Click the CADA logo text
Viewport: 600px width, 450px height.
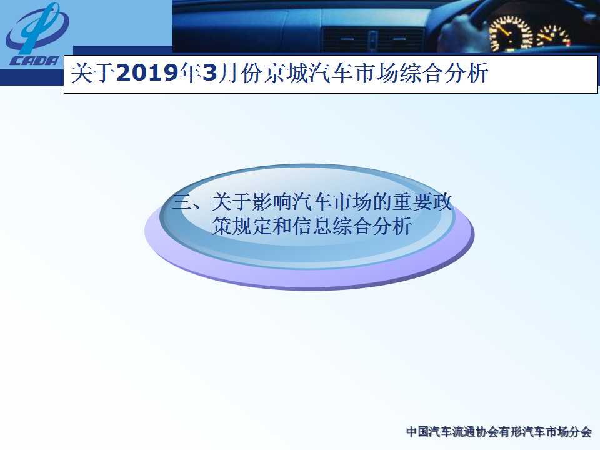pyautogui.click(x=34, y=61)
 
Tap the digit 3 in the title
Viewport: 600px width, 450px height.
pyautogui.click(x=209, y=72)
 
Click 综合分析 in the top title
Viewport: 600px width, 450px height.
pyautogui.click(x=444, y=72)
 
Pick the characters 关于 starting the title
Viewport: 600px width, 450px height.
pyautogui.click(x=93, y=72)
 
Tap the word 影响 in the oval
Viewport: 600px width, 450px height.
pyautogui.click(x=272, y=202)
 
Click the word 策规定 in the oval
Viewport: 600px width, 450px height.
pyautogui.click(x=242, y=226)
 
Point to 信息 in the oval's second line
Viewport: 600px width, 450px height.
pyautogui.click(x=312, y=226)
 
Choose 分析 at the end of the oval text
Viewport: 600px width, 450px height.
pyautogui.click(x=392, y=226)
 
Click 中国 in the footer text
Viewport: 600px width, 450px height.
pyautogui.click(x=417, y=432)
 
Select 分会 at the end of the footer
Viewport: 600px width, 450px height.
pyautogui.click(x=581, y=432)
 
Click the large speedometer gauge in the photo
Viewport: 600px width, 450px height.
pyautogui.click(x=511, y=33)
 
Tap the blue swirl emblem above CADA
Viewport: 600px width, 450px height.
pyautogui.click(x=36, y=27)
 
